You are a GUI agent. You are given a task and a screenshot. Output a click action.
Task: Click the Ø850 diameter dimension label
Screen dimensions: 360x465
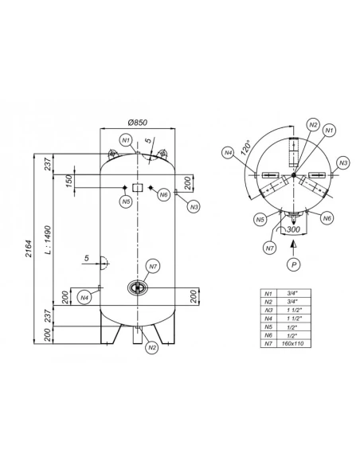tap(137, 122)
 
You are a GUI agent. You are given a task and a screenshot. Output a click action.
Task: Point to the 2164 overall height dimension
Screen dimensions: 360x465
tap(29, 248)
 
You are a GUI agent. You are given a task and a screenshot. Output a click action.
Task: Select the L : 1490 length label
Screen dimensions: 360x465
tap(48, 240)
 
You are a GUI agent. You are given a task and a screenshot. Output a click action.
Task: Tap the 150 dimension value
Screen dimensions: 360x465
tap(68, 181)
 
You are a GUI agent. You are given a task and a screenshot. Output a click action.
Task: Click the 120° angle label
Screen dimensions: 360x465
tap(246, 147)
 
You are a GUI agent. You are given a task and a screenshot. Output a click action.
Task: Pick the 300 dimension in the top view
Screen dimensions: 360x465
tap(294, 229)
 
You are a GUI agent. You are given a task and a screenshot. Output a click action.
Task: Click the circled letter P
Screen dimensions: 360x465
tap(294, 264)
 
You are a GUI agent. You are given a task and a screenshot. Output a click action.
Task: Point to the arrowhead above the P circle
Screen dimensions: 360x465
tap(294, 244)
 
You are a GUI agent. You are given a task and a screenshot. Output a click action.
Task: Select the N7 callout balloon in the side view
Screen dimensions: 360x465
tap(153, 266)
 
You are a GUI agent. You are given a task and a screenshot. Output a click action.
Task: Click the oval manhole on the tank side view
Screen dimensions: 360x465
tap(138, 287)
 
